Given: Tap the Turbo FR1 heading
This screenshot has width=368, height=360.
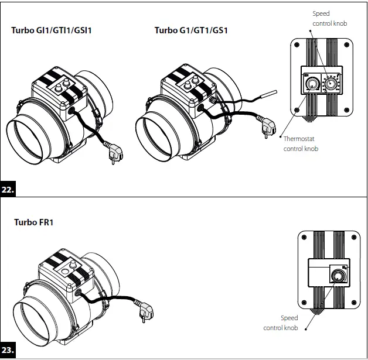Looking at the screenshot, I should point(34,222).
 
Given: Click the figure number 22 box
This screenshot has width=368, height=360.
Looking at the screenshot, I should point(8,190).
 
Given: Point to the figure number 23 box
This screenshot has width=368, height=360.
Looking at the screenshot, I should point(8,351).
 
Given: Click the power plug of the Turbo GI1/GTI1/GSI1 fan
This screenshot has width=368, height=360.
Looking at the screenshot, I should point(115,155).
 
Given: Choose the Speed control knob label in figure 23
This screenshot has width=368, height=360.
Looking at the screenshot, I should point(288,323).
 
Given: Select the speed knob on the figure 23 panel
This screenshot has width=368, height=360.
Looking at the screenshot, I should point(338,276).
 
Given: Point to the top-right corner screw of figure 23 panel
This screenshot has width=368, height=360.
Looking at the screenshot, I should point(355,236).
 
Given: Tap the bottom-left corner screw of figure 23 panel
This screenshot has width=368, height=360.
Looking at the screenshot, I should point(304,303).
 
